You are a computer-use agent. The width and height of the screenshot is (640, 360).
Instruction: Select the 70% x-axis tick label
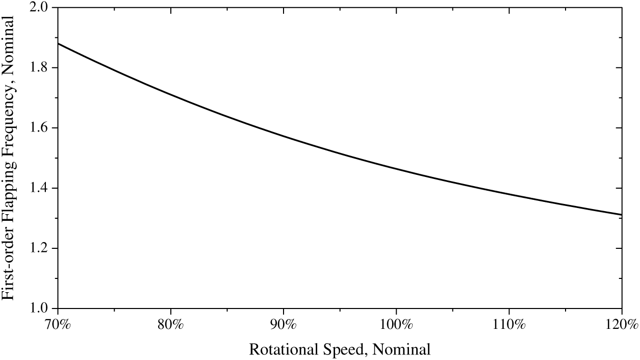pyautogui.click(x=58, y=324)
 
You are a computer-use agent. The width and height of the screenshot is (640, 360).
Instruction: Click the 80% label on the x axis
pyautogui.click(x=171, y=324)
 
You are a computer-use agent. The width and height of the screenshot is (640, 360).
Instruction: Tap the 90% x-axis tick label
pyautogui.click(x=284, y=324)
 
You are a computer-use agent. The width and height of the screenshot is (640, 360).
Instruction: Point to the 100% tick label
pyautogui.click(x=396, y=324)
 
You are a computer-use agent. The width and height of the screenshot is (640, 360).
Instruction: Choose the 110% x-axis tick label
pyautogui.click(x=509, y=324)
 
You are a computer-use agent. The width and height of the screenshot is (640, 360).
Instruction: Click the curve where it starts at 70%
pyautogui.click(x=59, y=43)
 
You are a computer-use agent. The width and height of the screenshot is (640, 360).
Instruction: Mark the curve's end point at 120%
pyautogui.click(x=621, y=214)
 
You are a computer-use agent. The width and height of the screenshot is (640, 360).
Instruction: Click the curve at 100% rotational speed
pyautogui.click(x=396, y=169)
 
